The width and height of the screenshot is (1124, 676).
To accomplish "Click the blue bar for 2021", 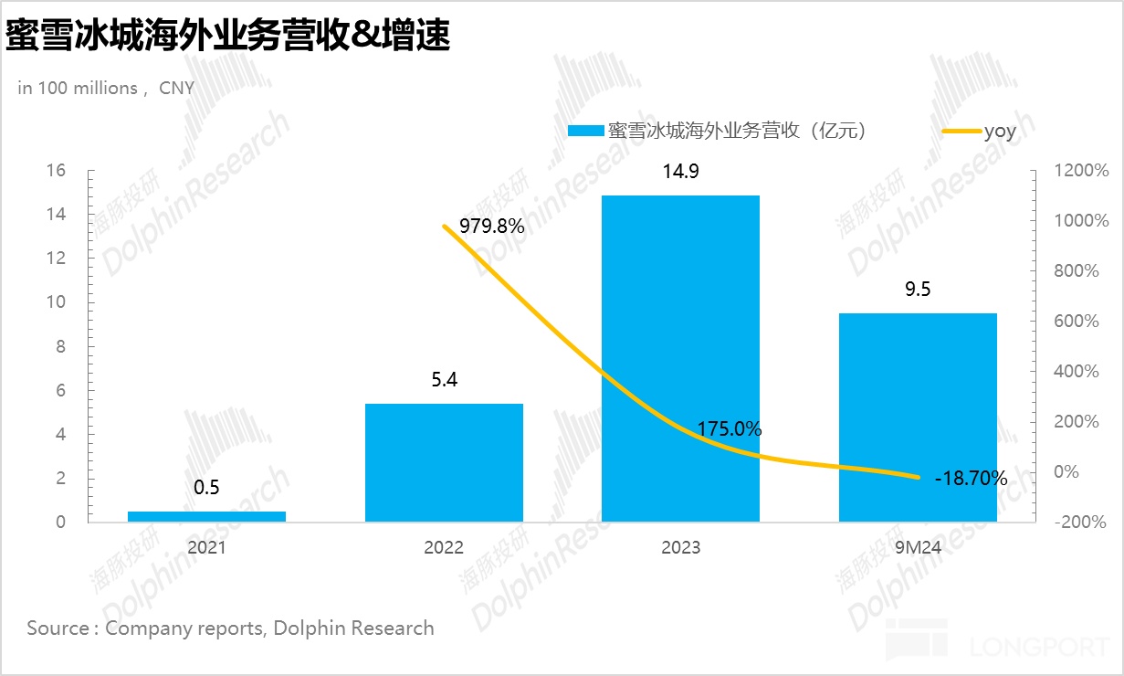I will [x=206, y=516].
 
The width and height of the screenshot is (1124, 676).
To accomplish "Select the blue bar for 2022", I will [x=444, y=462].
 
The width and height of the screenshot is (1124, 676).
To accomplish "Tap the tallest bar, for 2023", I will [x=680, y=358].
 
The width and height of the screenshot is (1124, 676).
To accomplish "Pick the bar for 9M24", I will [x=918, y=417].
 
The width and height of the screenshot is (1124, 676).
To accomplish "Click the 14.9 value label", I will [x=680, y=172].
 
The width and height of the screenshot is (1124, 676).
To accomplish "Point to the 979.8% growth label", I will [x=492, y=227].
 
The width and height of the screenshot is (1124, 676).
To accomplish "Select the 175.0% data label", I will [x=729, y=429].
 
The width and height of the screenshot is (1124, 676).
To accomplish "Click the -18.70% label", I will [x=971, y=478].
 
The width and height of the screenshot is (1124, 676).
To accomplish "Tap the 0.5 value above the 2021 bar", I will [x=206, y=487].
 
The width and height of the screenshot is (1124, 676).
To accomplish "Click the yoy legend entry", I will [x=1000, y=131].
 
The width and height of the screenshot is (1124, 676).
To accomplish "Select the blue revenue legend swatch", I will [x=585, y=131].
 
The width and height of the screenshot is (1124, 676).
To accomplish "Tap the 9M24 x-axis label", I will [x=918, y=548].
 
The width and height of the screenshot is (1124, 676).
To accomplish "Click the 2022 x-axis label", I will [x=444, y=548].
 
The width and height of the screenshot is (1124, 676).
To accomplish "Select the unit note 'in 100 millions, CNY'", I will [x=106, y=89].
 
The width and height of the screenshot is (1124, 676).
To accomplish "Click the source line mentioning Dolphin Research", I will [x=230, y=628].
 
